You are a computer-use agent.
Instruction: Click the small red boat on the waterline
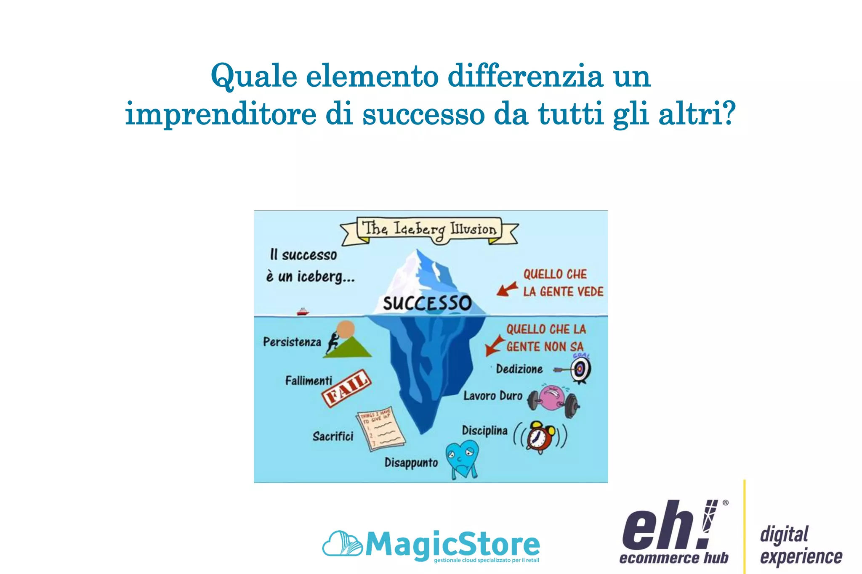(x=303, y=312)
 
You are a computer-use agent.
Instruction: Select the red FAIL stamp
(x=346, y=388)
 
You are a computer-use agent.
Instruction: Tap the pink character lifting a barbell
(x=552, y=399)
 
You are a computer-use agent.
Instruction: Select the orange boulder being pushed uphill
(x=346, y=329)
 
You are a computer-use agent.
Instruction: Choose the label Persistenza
(x=292, y=342)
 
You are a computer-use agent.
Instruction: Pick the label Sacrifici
(x=333, y=436)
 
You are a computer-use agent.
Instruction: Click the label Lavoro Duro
(x=492, y=396)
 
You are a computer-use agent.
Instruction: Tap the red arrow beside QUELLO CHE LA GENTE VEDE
(x=507, y=289)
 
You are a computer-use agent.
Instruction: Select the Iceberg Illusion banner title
(x=429, y=229)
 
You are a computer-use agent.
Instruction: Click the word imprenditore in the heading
(x=221, y=114)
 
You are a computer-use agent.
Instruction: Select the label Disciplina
(x=484, y=431)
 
